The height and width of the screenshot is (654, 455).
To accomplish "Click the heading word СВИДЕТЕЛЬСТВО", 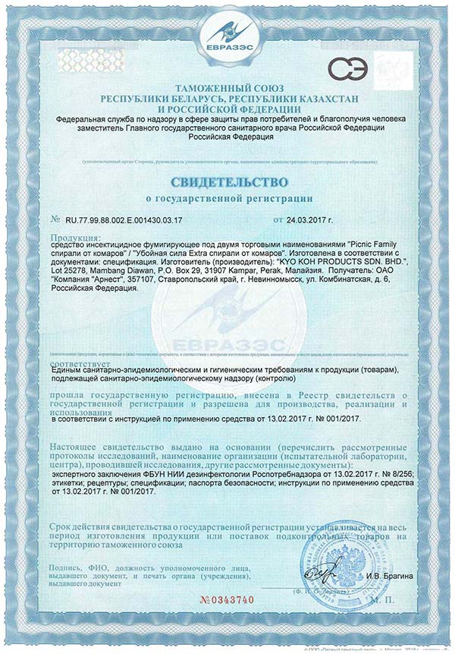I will pyautogui.click(x=227, y=182).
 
